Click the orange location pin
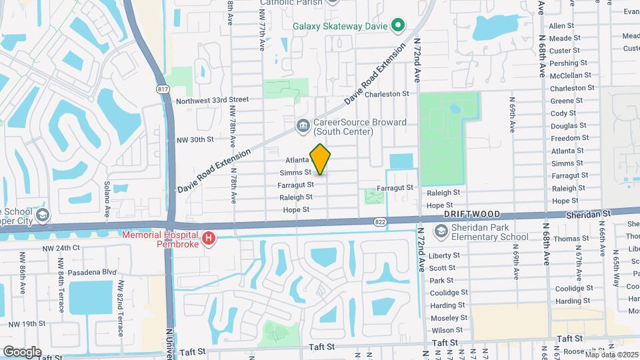pyautogui.click(x=320, y=159)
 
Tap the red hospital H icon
pyautogui.click(x=209, y=238)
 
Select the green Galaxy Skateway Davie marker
pyautogui.click(x=398, y=27)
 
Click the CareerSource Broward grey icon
pyautogui.click(x=303, y=125)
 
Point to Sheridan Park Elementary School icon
pyautogui.click(x=440, y=231)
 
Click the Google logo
pyautogui.click(x=22, y=351)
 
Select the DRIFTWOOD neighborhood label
pyautogui.click(x=472, y=215)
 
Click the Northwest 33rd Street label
pyautogui.click(x=212, y=100)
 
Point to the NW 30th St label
pyautogui.click(x=195, y=139)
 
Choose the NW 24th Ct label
pyautogui.click(x=61, y=247)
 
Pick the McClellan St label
pyautogui.click(x=567, y=75)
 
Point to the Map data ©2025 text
pyautogui.click(x=607, y=354)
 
